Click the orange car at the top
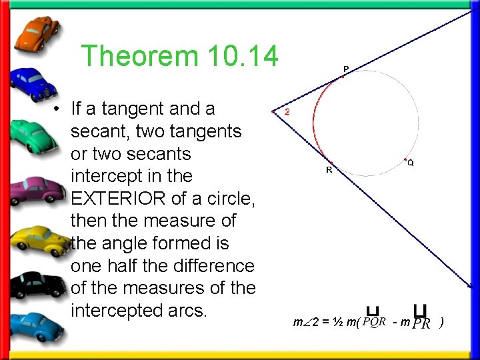[37, 33]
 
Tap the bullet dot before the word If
[59, 109]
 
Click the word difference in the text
[209, 266]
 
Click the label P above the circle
[346, 68]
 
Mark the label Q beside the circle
[411, 163]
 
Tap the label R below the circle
[329, 170]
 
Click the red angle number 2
[287, 112]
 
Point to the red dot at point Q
[405, 159]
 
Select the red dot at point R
[331, 163]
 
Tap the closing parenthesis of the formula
[441, 323]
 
